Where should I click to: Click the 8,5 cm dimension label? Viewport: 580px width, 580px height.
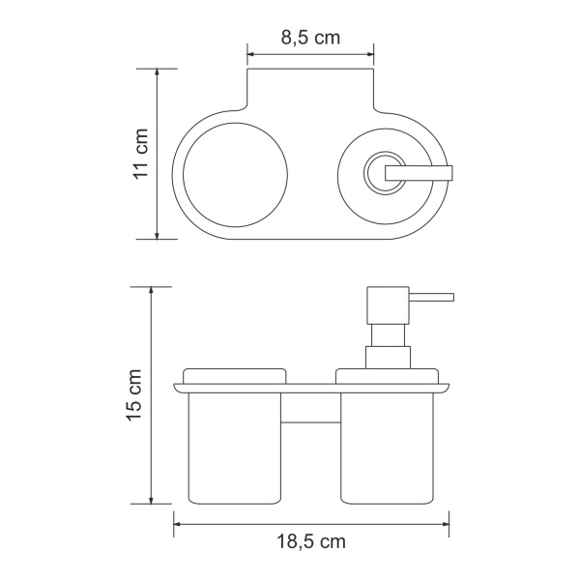click(310, 38)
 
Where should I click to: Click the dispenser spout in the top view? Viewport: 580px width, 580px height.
click(420, 172)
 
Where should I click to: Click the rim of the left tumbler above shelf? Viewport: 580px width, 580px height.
click(234, 375)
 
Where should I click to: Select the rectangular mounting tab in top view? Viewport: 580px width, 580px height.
click(310, 92)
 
